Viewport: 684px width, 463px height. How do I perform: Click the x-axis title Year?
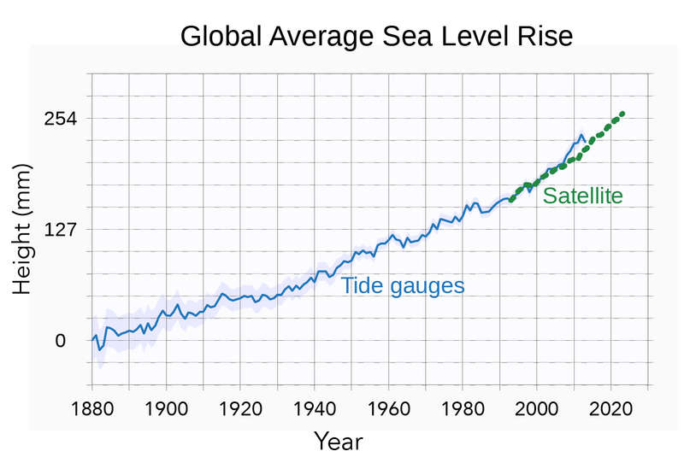[338, 442]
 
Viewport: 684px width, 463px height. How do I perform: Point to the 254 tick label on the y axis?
[60, 118]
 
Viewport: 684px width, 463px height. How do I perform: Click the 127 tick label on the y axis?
[60, 230]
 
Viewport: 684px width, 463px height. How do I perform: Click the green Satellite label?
[582, 196]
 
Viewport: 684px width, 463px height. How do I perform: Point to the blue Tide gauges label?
[403, 286]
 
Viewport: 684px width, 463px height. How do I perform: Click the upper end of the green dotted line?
[623, 113]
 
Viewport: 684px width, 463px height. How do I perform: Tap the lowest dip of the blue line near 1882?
[99, 349]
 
